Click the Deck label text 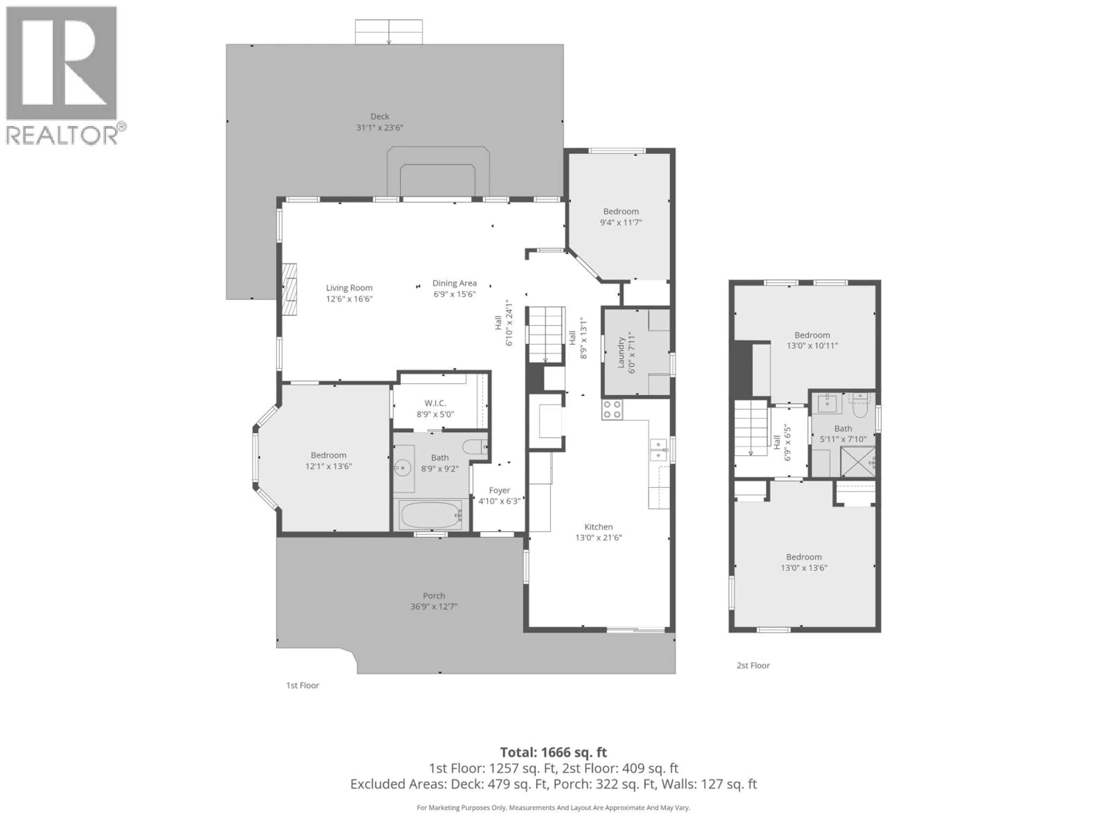coord(380,116)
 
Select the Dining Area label coord(454,283)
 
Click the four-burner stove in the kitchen coord(612,409)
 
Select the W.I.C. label coord(435,403)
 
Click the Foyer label coord(500,490)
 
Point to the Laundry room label coord(621,353)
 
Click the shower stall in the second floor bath coord(857,461)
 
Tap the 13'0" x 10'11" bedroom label coord(812,340)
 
